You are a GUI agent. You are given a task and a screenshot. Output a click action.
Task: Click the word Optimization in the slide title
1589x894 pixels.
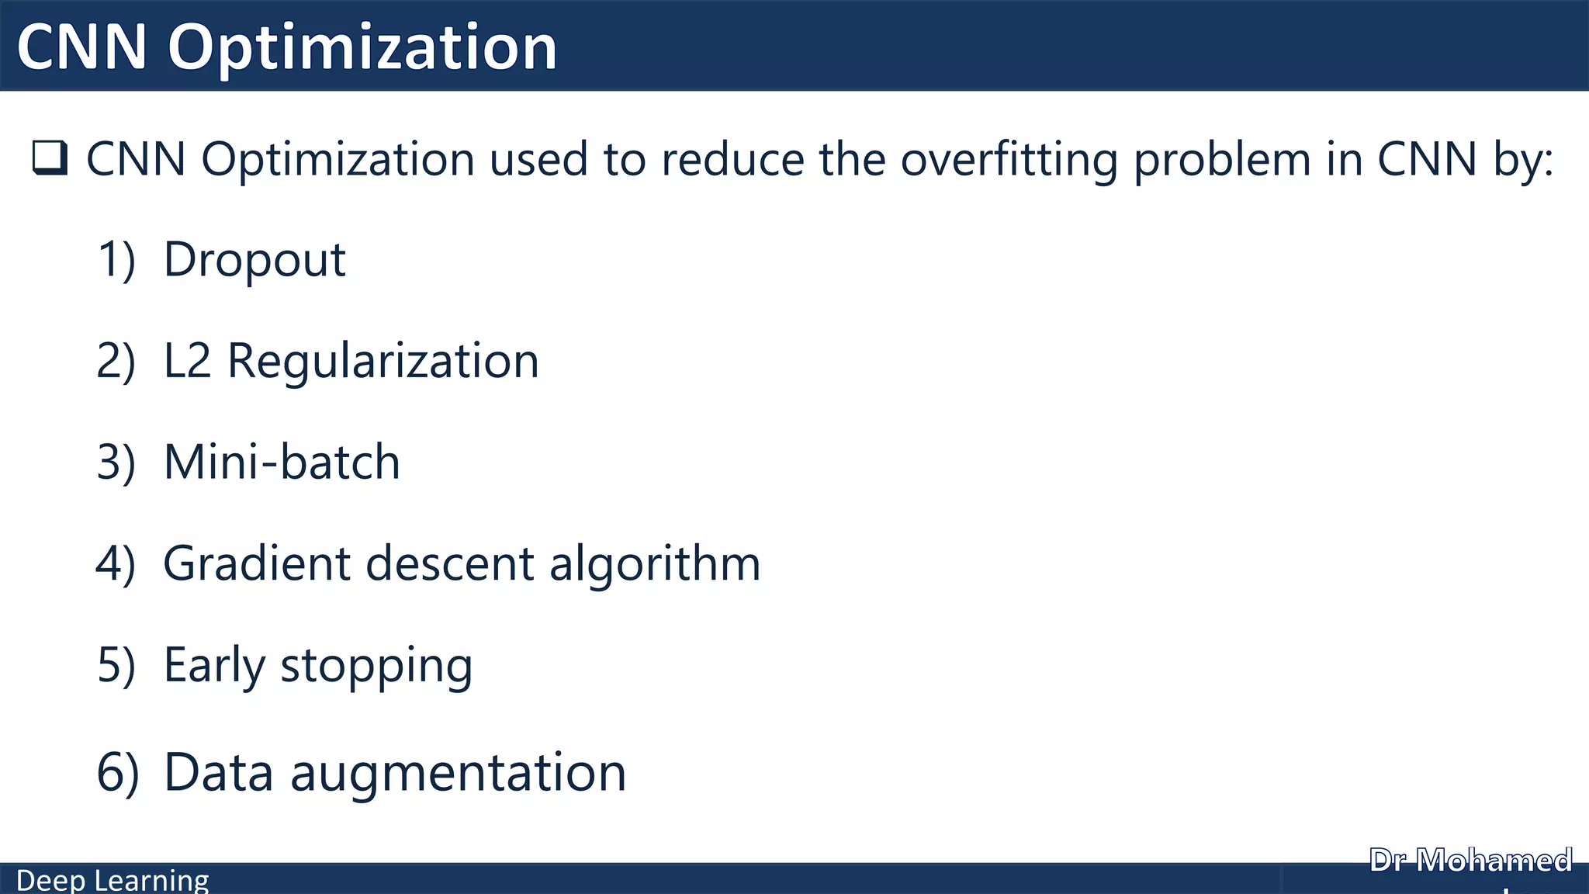pyautogui.click(x=362, y=48)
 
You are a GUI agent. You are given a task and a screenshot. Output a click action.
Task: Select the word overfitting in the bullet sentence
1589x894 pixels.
pyautogui.click(x=1009, y=160)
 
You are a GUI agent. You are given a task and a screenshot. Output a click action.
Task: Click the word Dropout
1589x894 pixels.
pyautogui.click(x=254, y=260)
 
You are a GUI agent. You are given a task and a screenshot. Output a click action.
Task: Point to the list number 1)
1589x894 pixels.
pyautogui.click(x=116, y=260)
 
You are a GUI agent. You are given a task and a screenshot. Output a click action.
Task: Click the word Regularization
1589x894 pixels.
pyautogui.click(x=383, y=361)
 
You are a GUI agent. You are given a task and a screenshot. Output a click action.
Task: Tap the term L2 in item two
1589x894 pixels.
pyautogui.click(x=187, y=361)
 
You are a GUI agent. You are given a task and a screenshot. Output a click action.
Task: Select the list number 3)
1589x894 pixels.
pyautogui.click(x=116, y=463)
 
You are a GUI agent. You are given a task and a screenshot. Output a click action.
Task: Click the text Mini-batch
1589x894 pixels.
pyautogui.click(x=282, y=463)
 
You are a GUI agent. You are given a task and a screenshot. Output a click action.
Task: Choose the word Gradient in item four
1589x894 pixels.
pyautogui.click(x=257, y=563)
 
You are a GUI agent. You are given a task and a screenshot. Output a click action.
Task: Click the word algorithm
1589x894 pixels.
pyautogui.click(x=655, y=563)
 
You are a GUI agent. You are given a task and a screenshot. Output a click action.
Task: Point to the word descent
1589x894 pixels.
pyautogui.click(x=450, y=563)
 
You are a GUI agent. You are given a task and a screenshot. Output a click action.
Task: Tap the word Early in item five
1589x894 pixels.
pyautogui.click(x=215, y=665)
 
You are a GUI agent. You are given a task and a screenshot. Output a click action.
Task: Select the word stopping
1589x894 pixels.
pyautogui.click(x=376, y=667)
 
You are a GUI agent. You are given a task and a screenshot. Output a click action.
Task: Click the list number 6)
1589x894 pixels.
pyautogui.click(x=118, y=773)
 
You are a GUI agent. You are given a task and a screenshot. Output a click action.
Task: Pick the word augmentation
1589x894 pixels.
pyautogui.click(x=458, y=774)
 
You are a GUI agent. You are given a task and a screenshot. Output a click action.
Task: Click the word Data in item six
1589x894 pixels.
pyautogui.click(x=219, y=773)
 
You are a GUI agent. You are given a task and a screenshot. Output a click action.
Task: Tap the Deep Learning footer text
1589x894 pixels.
pyautogui.click(x=113, y=881)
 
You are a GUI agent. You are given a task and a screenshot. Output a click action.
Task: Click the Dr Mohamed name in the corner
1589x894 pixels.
pyautogui.click(x=1471, y=861)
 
